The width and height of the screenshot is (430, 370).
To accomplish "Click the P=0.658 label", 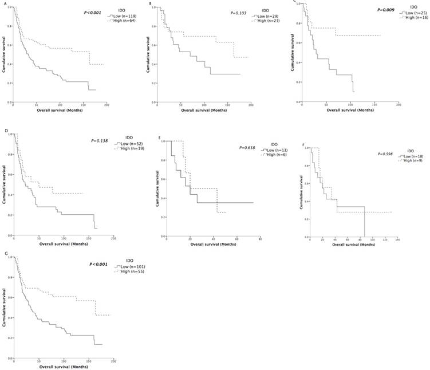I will (247, 147).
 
